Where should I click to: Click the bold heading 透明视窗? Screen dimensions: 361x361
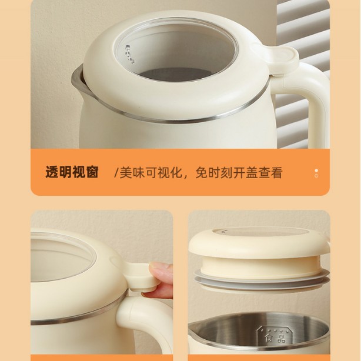(x=72, y=172)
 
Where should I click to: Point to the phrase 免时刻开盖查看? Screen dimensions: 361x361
(x=239, y=172)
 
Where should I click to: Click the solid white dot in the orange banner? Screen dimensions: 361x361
(x=316, y=171)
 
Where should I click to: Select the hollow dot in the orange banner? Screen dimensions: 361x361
(x=316, y=176)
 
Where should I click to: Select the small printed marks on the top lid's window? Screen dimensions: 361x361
(x=129, y=55)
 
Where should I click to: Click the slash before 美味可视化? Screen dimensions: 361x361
(x=116, y=173)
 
